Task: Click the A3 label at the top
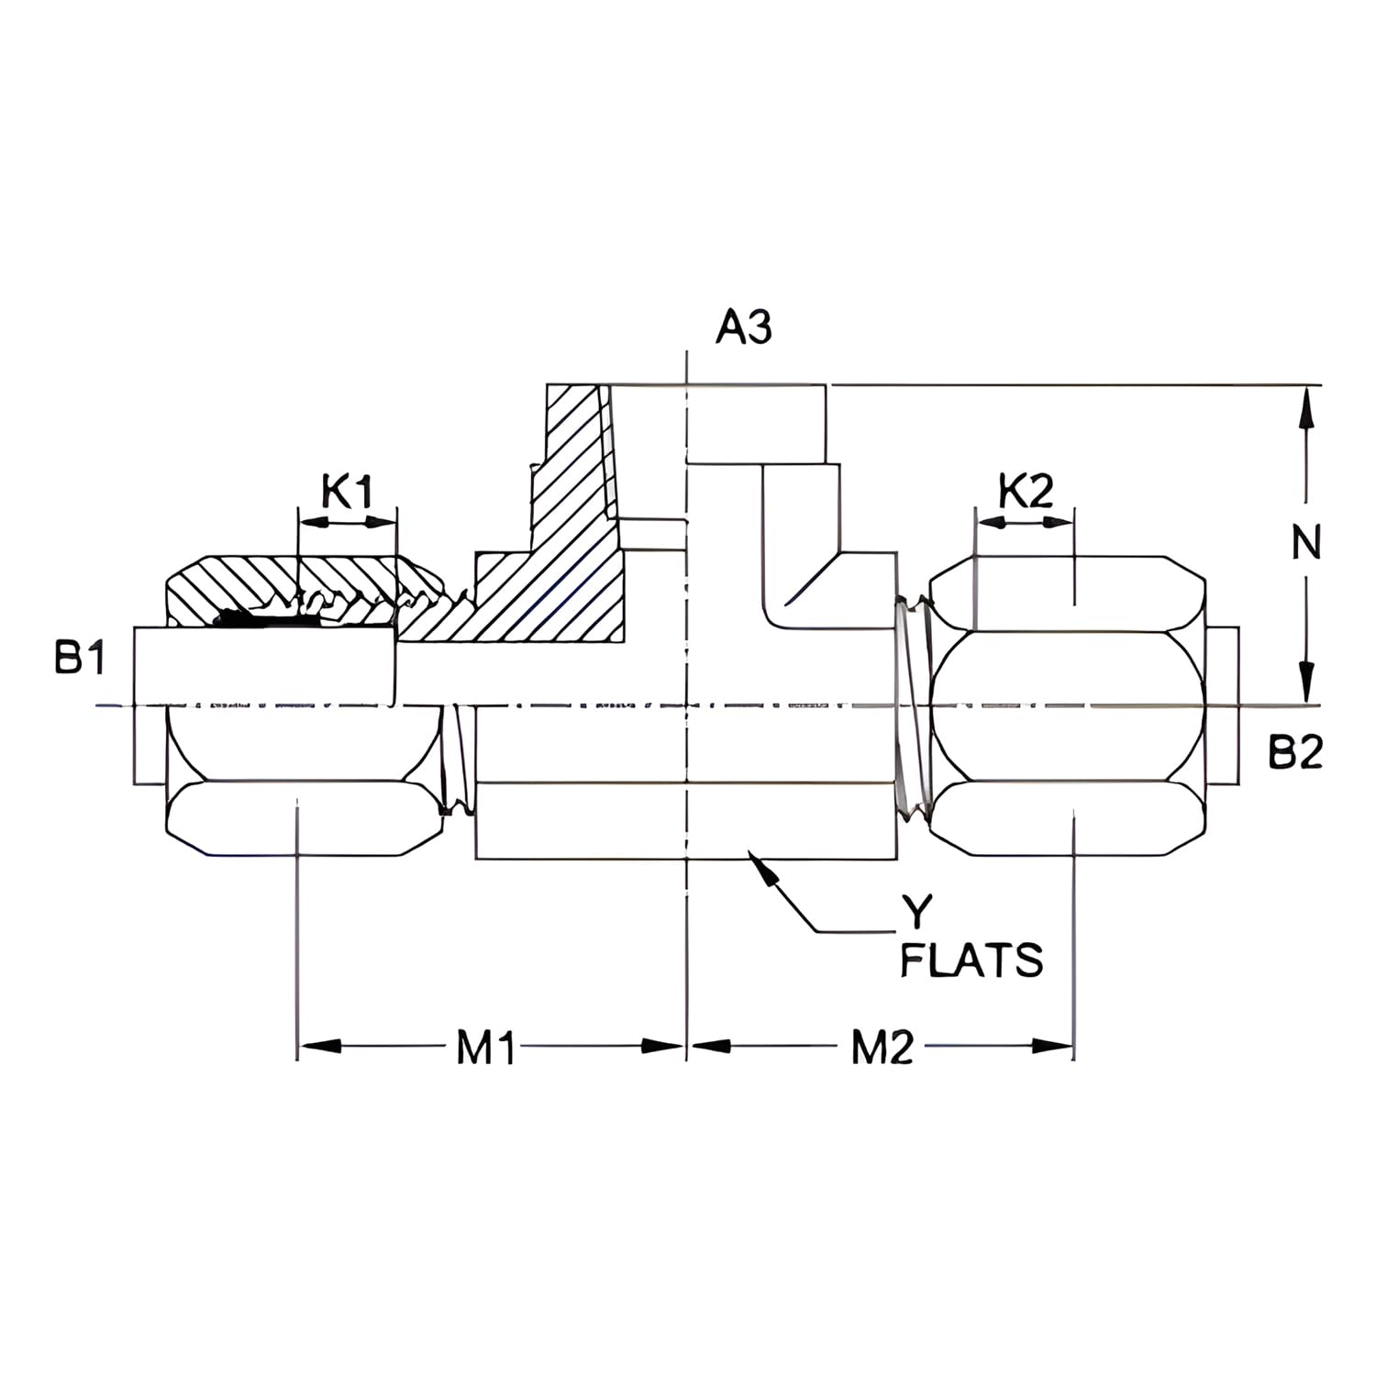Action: [744, 327]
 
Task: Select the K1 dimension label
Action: [348, 492]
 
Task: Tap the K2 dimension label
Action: [1026, 492]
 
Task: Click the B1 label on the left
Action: [81, 659]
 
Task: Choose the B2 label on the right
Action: [1295, 753]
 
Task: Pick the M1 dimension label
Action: [486, 1047]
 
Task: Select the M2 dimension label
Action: [882, 1047]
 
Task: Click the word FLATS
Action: [971, 960]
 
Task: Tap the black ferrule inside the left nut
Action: [266, 620]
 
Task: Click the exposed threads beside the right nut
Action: [913, 706]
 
